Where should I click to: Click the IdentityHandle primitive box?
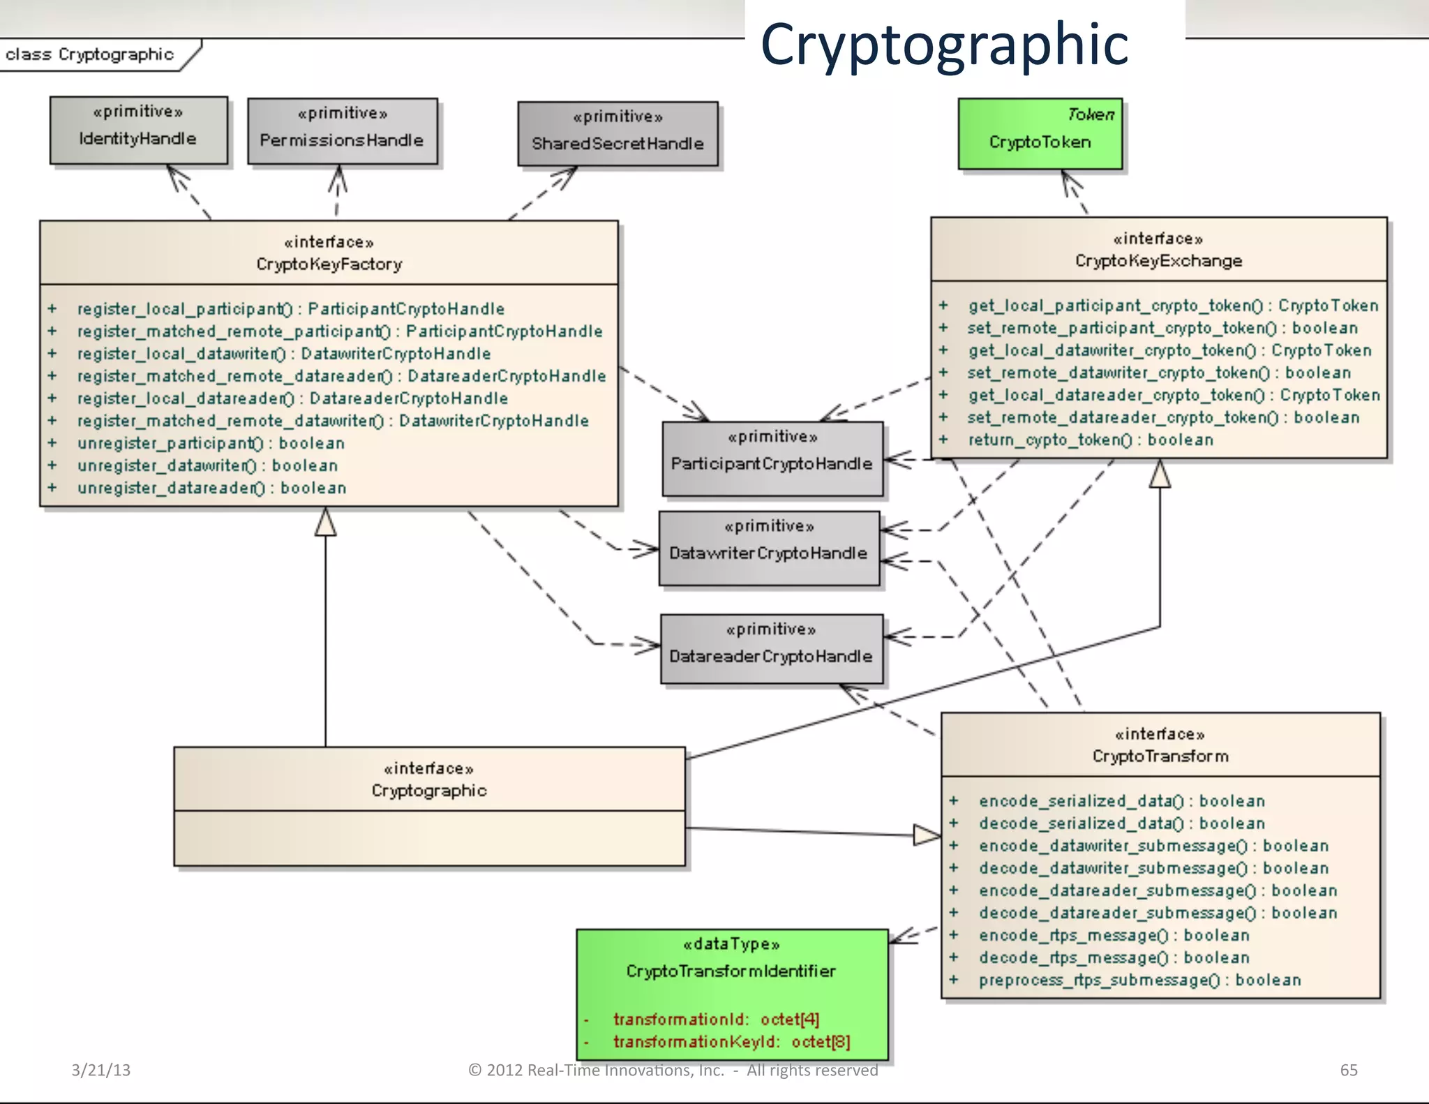pos(138,130)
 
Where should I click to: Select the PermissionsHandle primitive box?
pos(342,131)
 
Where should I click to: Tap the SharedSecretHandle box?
pos(618,134)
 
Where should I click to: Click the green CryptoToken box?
pos(1040,134)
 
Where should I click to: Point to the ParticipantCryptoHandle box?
pos(772,458)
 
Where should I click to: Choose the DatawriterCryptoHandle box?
pos(768,548)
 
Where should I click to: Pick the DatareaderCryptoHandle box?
pos(771,649)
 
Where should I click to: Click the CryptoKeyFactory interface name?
pos(329,264)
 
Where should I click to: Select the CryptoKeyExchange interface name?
pos(1158,261)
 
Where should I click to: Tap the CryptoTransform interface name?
pos(1160,756)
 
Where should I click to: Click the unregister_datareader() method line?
pos(211,488)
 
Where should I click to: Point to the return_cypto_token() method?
pos(1090,440)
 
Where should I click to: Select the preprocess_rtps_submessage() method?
pos(1139,980)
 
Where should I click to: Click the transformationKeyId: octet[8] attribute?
pos(731,1042)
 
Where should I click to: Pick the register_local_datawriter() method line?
pos(283,354)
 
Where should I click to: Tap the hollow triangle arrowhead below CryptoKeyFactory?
pos(325,523)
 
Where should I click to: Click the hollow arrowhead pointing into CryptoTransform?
pos(927,835)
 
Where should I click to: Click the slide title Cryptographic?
pos(943,43)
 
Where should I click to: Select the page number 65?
pos(1348,1070)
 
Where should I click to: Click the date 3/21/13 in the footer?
pos(100,1070)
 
